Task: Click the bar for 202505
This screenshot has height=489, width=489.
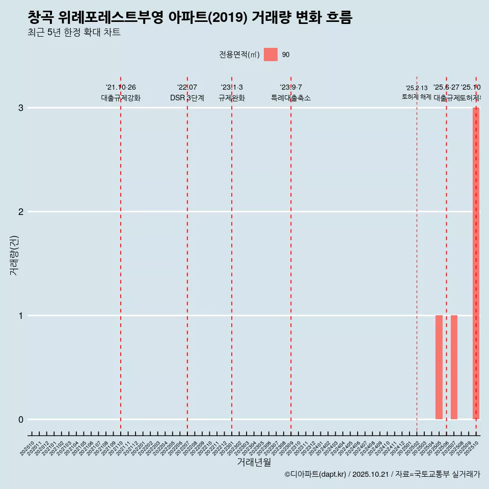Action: pos(439,367)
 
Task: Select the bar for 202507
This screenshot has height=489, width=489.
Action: pos(454,367)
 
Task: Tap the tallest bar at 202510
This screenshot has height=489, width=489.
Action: pos(476,263)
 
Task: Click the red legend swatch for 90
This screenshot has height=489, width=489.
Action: pos(270,55)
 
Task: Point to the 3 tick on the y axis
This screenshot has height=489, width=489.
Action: pos(21,108)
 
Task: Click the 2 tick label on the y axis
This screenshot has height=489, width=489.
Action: pos(21,212)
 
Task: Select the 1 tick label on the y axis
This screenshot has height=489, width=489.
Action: pos(21,316)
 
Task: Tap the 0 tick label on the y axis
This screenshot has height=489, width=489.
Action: pos(21,420)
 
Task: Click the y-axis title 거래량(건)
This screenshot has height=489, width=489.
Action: pos(14,255)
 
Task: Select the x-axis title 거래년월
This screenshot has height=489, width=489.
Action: pos(254,462)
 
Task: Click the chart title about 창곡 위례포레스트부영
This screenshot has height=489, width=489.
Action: pos(189,17)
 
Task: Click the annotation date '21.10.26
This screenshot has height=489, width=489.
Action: pos(121,88)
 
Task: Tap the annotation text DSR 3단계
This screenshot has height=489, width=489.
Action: pos(187,98)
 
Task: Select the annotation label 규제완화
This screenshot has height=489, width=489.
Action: pos(232,98)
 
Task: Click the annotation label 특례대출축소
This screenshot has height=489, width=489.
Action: pos(290,98)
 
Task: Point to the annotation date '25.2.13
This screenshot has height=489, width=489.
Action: pos(417,88)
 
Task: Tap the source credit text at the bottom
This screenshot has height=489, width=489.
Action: pos(382,475)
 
